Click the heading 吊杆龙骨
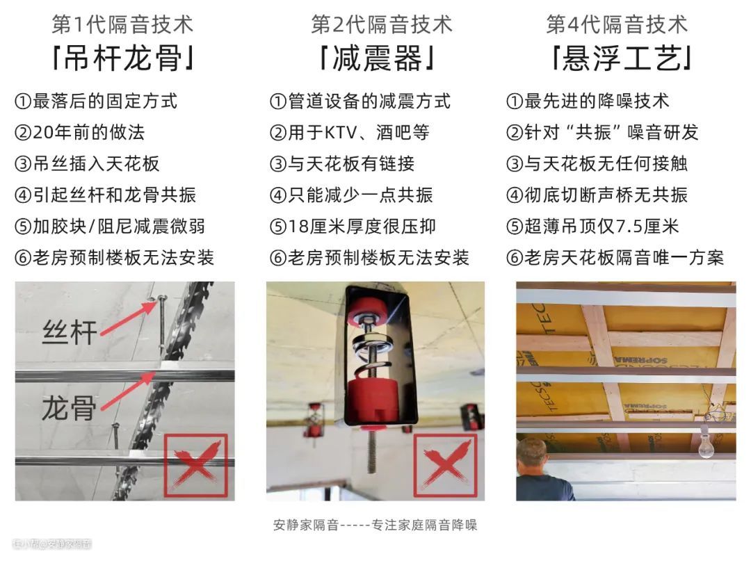123,59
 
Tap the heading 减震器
378,59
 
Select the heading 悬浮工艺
621,59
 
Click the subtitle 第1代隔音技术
122,24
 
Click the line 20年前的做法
79,133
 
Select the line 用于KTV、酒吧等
350,133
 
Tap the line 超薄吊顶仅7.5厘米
592,227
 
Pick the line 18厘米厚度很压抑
353,227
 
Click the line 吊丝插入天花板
87,164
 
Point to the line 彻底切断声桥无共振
597,195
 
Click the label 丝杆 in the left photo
70,332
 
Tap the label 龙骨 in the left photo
69,408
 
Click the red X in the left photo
196,465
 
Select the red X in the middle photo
446,465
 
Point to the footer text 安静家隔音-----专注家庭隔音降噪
375,525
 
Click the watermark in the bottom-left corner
51,544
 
